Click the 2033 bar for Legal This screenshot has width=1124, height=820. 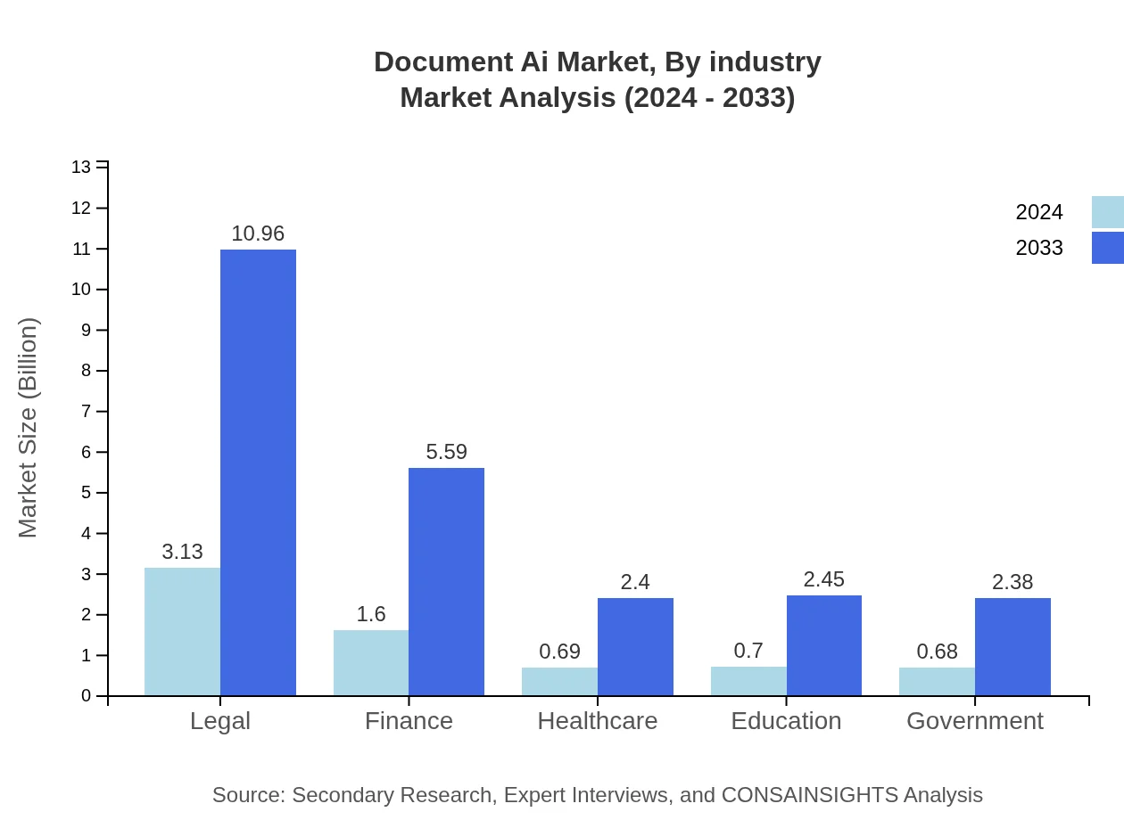tap(258, 472)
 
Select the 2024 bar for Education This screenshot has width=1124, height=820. tap(748, 681)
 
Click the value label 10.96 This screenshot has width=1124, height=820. tap(258, 234)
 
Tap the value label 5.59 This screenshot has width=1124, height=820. tap(446, 452)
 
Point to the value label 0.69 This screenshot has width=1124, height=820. tap(560, 652)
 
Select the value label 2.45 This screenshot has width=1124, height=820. tap(823, 579)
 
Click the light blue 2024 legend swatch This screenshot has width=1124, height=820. tap(1107, 212)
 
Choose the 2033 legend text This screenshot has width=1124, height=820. tap(1039, 248)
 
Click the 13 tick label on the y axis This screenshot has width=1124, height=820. tap(81, 167)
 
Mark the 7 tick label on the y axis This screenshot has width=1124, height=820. tap(87, 411)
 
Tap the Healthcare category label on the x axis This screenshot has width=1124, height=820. tap(598, 720)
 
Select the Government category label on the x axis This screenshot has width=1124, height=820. tap(974, 720)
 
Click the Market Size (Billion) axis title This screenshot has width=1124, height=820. tap(29, 428)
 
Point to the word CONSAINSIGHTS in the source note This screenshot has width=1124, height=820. tap(808, 794)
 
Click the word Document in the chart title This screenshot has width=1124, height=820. tap(431, 62)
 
